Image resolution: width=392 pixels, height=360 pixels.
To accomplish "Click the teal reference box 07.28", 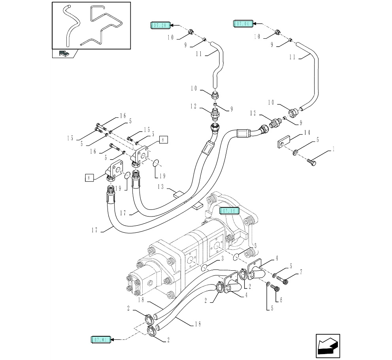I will coord(160,26).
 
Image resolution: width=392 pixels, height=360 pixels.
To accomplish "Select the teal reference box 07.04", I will coord(242,24).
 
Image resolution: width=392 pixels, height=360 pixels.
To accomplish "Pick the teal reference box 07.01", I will coord(100,339).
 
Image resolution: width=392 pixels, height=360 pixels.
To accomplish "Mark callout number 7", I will coord(301,272).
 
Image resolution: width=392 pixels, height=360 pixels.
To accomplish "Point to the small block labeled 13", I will coord(178,194).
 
